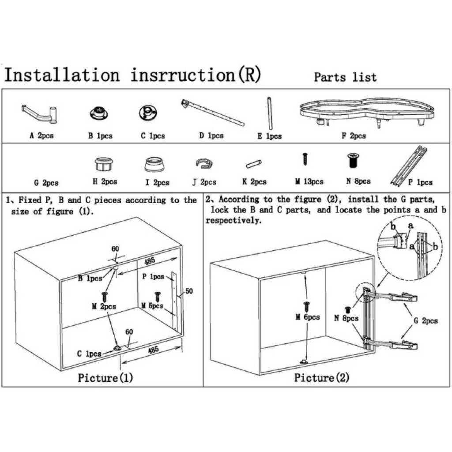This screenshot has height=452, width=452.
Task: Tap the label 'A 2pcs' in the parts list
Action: point(41,136)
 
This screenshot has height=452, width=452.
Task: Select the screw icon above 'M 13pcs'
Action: point(305,158)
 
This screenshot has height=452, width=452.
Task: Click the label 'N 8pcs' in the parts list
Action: point(358,181)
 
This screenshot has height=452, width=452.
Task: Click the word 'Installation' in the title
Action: point(62,75)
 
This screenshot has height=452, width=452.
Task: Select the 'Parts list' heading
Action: point(345,77)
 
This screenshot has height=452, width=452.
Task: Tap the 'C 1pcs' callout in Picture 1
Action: point(89,354)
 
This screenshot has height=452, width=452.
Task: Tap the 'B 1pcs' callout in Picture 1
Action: point(90,279)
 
